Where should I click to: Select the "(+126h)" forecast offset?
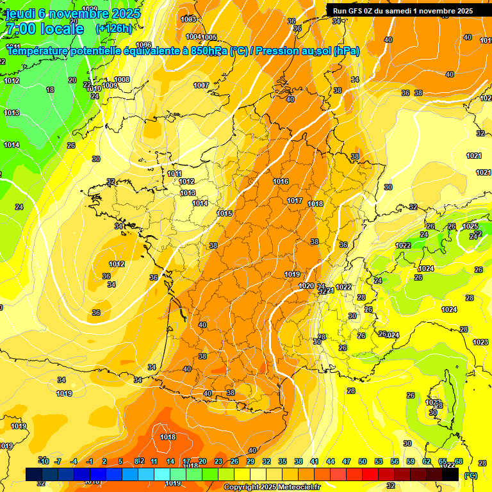pyautogui.click(x=114, y=29)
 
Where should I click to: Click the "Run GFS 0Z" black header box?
pyautogui.click(x=403, y=10)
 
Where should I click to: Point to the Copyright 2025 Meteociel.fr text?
pyautogui.click(x=272, y=487)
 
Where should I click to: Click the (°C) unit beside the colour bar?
pyautogui.click(x=471, y=475)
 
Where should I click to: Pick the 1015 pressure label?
pyautogui.click(x=224, y=213)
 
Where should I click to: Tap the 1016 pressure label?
pyautogui.click(x=281, y=181)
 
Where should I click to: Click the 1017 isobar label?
pyautogui.click(x=295, y=201)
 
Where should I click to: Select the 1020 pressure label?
pyautogui.click(x=306, y=286)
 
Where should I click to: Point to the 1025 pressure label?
pyautogui.click(x=470, y=226)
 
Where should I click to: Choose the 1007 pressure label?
pyautogui.click(x=201, y=85)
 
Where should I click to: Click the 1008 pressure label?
pyautogui.click(x=122, y=79)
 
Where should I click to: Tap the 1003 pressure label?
pyautogui.click(x=188, y=19)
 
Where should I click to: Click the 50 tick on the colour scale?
pyautogui.click(x=363, y=461)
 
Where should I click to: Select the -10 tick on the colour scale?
pyautogui.click(x=44, y=461)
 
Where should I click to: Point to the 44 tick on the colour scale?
pyautogui.click(x=331, y=461)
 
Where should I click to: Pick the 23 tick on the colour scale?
pyautogui.click(x=218, y=461)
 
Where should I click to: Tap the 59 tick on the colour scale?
pyautogui.click(x=411, y=461)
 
